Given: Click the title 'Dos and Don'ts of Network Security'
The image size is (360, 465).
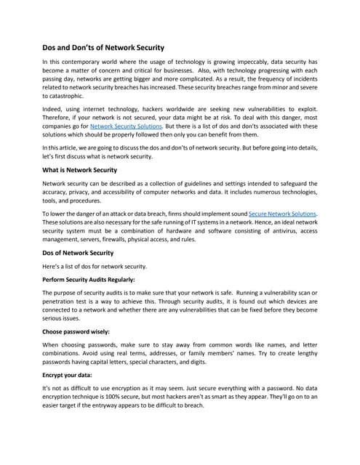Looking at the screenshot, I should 103,47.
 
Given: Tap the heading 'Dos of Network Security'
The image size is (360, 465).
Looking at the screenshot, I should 78,253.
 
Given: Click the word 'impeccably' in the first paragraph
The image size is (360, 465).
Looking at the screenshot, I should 247,63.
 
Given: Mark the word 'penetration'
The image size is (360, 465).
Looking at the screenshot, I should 61,301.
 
